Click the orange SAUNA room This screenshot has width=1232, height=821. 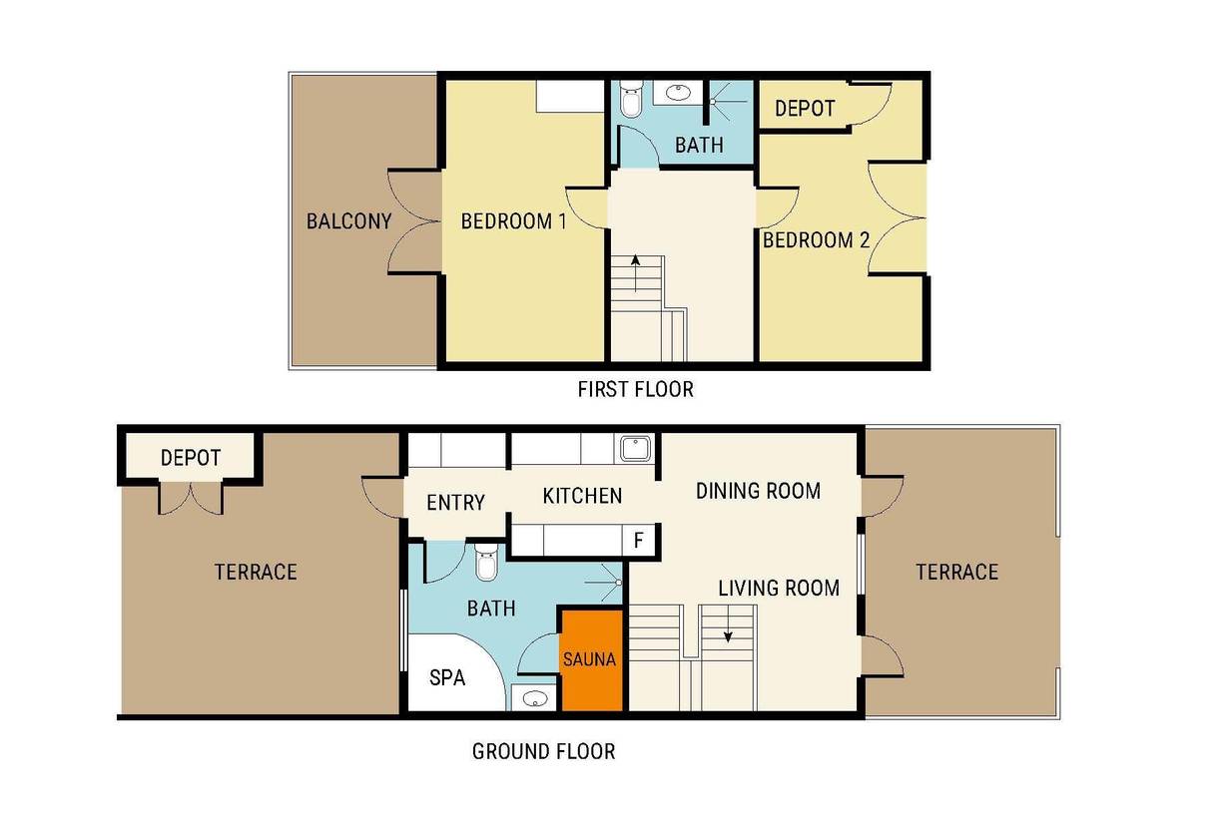(x=592, y=659)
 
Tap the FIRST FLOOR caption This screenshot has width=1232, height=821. (x=635, y=389)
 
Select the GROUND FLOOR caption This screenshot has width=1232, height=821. (x=543, y=751)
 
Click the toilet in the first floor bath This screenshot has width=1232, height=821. (x=631, y=100)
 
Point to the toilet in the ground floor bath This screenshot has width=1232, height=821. (x=486, y=562)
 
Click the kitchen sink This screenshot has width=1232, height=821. (x=636, y=449)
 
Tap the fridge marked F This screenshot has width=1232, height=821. (x=639, y=541)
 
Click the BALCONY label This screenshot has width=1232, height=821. (x=348, y=220)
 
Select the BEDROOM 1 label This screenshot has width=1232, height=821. (x=514, y=220)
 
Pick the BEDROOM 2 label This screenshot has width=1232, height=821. (x=817, y=239)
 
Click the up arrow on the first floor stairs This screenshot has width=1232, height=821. (x=635, y=273)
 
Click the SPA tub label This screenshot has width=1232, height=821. (x=447, y=677)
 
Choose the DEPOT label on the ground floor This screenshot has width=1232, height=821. (x=191, y=457)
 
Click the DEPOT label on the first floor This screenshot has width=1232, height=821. (x=805, y=109)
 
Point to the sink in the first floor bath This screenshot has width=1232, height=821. (x=678, y=93)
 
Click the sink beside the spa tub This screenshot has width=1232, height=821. (x=534, y=699)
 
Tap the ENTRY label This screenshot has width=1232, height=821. (x=455, y=502)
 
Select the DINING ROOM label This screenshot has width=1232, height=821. (x=758, y=491)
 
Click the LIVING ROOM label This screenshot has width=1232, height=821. (x=779, y=588)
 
